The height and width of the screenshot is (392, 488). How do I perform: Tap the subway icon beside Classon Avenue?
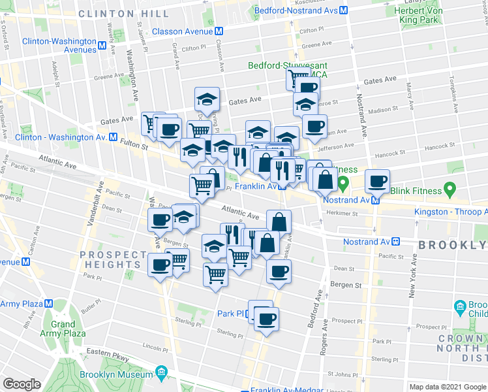pyautogui.click(x=220, y=31)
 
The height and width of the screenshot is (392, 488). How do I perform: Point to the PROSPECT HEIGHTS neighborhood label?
pyautogui.click(x=110, y=259)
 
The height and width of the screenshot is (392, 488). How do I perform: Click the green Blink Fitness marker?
pyautogui.click(x=449, y=190)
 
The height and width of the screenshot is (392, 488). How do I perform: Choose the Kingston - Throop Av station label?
pyautogui.click(x=451, y=212)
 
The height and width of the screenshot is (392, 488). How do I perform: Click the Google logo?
pyautogui.click(x=22, y=384)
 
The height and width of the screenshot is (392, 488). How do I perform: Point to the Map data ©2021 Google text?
pyautogui.click(x=448, y=387)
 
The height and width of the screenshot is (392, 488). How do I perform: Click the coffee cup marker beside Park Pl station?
pyautogui.click(x=266, y=319)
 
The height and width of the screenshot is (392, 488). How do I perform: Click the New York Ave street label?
pyautogui.click(x=412, y=282)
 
